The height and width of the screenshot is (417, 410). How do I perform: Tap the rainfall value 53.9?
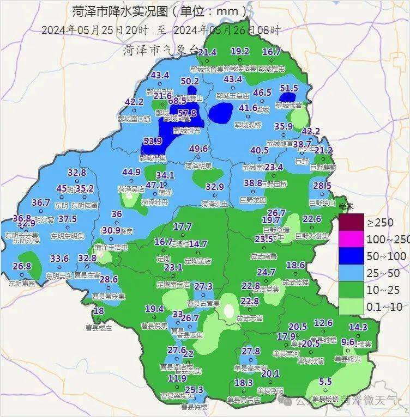pyautogui.click(x=153, y=142)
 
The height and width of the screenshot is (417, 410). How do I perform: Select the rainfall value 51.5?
pyautogui.click(x=289, y=88)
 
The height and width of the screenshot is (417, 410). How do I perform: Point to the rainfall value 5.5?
pyautogui.click(x=325, y=382)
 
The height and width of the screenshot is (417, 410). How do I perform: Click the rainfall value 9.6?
pyautogui.click(x=348, y=342)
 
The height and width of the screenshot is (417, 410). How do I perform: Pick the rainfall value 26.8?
pyautogui.click(x=22, y=266)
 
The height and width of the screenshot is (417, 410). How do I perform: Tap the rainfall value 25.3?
pyautogui.click(x=194, y=390)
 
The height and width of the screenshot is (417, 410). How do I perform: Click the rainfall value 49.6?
pyautogui.click(x=198, y=149)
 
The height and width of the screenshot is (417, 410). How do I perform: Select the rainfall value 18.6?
pyautogui.click(x=296, y=265)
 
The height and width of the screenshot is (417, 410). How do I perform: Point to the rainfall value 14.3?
pyautogui.click(x=358, y=327)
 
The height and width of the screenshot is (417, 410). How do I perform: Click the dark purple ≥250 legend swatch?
pyautogui.click(x=351, y=222)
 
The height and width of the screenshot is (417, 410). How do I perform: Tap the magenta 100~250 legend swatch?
pyautogui.click(x=351, y=239)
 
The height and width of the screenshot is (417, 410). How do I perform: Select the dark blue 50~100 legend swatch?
pyautogui.click(x=351, y=255)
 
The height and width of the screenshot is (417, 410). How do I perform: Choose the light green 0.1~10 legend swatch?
pyautogui.click(x=351, y=306)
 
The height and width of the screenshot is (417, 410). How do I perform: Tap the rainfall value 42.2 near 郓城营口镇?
pyautogui.click(x=134, y=102)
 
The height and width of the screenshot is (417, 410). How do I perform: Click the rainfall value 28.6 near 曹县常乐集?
pyautogui.click(x=108, y=279)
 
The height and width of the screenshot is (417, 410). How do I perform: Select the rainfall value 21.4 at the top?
pyautogui.click(x=207, y=52)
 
